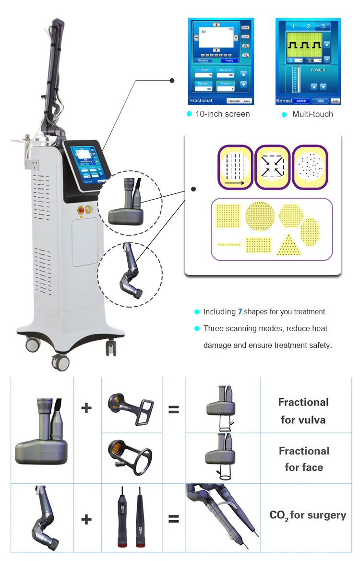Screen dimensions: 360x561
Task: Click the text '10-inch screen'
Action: tap(222, 114)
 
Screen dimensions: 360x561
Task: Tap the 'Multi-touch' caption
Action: tap(312, 114)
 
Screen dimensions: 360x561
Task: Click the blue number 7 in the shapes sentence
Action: tap(240, 312)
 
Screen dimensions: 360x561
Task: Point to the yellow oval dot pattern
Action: tap(310, 231)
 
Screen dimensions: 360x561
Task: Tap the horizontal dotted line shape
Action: tap(228, 244)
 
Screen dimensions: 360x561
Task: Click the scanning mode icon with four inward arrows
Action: tap(272, 167)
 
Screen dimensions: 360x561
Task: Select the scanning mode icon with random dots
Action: tap(310, 167)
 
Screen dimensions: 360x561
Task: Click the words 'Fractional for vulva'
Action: tap(303, 411)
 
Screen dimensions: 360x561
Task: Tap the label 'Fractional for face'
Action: tap(304, 459)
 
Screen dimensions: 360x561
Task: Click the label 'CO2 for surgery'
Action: tap(308, 516)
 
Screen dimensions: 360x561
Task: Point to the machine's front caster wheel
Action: tap(60, 361)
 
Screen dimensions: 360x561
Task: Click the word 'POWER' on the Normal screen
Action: tap(318, 70)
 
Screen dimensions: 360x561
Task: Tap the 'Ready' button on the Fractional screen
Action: tap(229, 60)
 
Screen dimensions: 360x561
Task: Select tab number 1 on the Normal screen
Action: tap(293, 26)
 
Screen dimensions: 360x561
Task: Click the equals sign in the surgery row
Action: tap(173, 519)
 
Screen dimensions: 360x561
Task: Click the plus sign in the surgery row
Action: tap(86, 519)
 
